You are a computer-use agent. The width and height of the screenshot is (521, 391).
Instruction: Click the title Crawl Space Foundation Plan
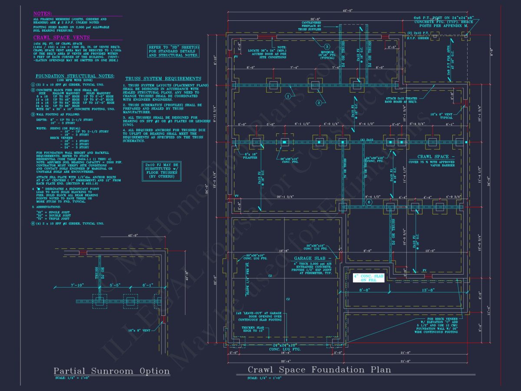tap(319, 370)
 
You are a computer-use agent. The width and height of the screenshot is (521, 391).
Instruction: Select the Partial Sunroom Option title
tap(112, 371)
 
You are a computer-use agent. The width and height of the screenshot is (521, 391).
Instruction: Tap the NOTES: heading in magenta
tap(43, 14)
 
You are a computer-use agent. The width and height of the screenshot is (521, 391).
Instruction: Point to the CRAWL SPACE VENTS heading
tap(55, 38)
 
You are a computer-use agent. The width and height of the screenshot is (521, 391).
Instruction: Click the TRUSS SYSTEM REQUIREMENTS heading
tap(163, 79)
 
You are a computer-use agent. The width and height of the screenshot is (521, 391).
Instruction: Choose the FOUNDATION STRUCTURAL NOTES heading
tap(75, 76)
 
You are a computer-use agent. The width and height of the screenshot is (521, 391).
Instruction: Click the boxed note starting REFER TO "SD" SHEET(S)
tap(174, 51)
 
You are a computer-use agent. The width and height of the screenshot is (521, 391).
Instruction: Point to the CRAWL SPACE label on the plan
tap(436, 157)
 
